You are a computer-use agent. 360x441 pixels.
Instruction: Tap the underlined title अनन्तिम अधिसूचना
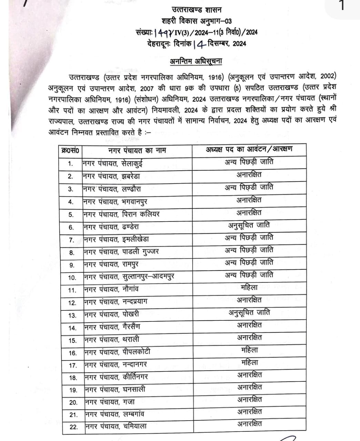click(x=196, y=61)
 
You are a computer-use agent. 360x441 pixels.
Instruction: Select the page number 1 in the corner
click(x=342, y=6)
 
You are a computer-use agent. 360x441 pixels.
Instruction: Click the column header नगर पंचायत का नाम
click(x=137, y=150)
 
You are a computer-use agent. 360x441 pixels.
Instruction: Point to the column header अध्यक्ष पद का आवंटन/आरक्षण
click(x=249, y=149)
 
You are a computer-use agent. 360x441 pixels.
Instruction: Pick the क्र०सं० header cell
click(x=70, y=151)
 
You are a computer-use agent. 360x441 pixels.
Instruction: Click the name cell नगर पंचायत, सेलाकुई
click(x=112, y=164)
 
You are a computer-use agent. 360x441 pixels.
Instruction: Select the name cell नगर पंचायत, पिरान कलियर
click(x=121, y=214)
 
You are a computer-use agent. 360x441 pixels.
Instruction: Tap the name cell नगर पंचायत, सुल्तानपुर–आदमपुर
click(x=129, y=277)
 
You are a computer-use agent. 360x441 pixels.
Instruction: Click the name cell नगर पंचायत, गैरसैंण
click(x=112, y=327)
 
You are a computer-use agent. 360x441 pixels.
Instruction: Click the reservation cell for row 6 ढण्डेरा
click(x=249, y=226)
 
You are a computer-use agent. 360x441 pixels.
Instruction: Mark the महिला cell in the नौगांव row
click(x=249, y=287)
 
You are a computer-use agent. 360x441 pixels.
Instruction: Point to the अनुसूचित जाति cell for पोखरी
click(x=249, y=313)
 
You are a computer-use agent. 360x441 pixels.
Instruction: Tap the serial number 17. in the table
click(x=73, y=365)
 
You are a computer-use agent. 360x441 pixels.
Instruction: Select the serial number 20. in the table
click(x=73, y=402)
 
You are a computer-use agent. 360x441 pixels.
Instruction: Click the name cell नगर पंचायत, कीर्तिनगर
click(x=116, y=377)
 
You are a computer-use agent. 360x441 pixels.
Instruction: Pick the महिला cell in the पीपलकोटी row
click(x=249, y=350)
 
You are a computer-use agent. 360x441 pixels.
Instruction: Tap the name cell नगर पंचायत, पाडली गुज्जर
click(x=121, y=252)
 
